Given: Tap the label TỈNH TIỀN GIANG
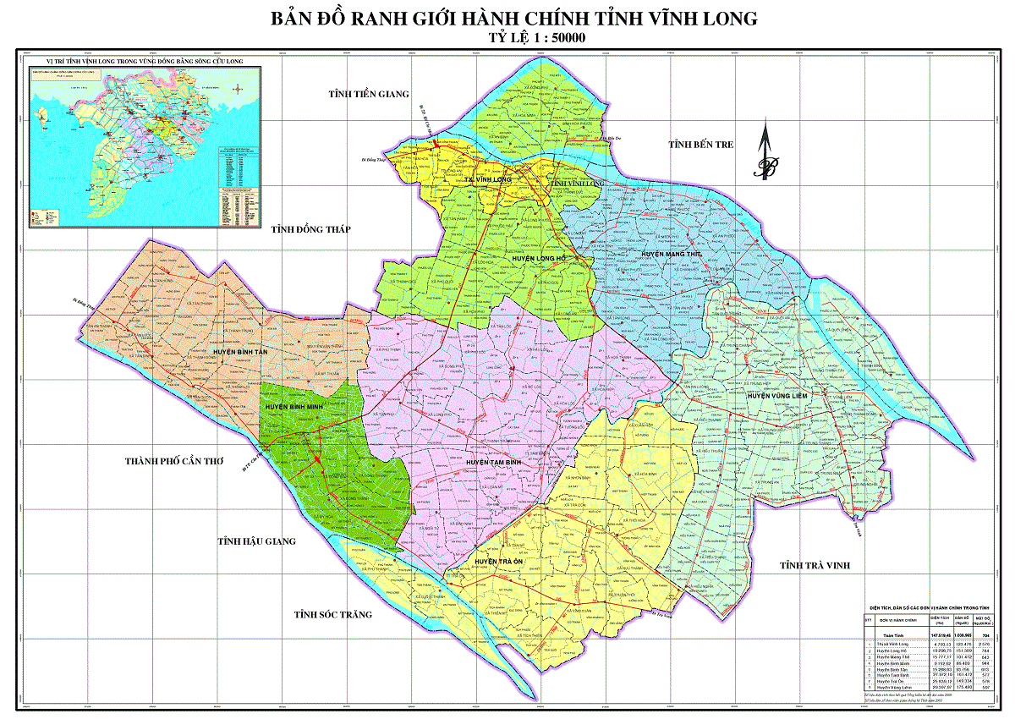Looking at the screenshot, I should click(x=369, y=94).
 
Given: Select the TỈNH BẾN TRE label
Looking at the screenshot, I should click(x=700, y=145).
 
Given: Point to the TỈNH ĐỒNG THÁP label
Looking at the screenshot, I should click(x=310, y=229).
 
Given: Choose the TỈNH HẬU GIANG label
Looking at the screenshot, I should click(x=256, y=541).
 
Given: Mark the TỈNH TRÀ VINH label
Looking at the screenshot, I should click(x=815, y=565).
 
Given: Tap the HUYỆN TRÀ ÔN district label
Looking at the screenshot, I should click(x=500, y=562).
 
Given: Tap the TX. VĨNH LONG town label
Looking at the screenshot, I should click(x=491, y=180).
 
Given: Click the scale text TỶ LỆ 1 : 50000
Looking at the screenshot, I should click(x=538, y=38).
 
